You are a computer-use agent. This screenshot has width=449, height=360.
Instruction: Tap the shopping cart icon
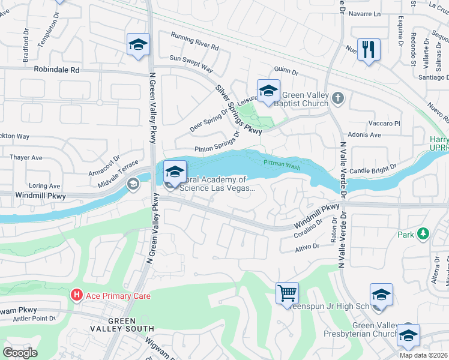[x=287, y=293]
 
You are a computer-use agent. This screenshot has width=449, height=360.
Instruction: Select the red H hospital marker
[x=76, y=295]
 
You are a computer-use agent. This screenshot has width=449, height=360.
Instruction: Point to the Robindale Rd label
[x=57, y=70]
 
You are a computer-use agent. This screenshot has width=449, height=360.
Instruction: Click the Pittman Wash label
[x=282, y=163]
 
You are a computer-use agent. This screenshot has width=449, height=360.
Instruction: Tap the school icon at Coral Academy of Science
[x=175, y=172]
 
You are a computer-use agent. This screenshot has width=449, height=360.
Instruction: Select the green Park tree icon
[x=424, y=233]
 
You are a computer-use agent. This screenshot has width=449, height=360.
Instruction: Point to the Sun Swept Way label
[x=191, y=59]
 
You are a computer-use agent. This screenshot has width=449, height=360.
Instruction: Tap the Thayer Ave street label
[x=26, y=158]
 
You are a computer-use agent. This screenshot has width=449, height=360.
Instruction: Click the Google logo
[x=20, y=353]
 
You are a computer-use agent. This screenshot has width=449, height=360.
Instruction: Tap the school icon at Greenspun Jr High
[x=381, y=295]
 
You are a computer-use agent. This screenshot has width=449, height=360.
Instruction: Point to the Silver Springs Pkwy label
[x=239, y=110]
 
